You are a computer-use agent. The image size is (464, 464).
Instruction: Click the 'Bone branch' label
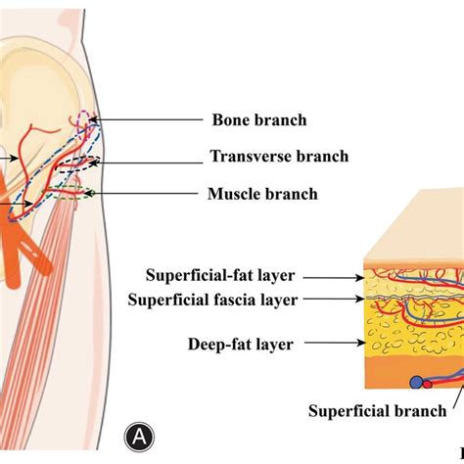(259, 120)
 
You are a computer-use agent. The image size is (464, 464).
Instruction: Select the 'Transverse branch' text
(279, 156)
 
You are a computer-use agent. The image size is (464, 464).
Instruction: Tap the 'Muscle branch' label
(262, 194)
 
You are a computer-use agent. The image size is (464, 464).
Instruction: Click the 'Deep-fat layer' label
(240, 344)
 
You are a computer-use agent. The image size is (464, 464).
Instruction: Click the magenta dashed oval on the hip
(85, 124)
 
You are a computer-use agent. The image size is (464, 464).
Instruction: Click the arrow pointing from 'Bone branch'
(148, 120)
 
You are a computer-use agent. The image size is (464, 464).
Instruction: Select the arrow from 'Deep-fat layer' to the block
(333, 344)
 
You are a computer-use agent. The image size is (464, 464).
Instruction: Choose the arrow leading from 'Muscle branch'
(146, 194)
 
